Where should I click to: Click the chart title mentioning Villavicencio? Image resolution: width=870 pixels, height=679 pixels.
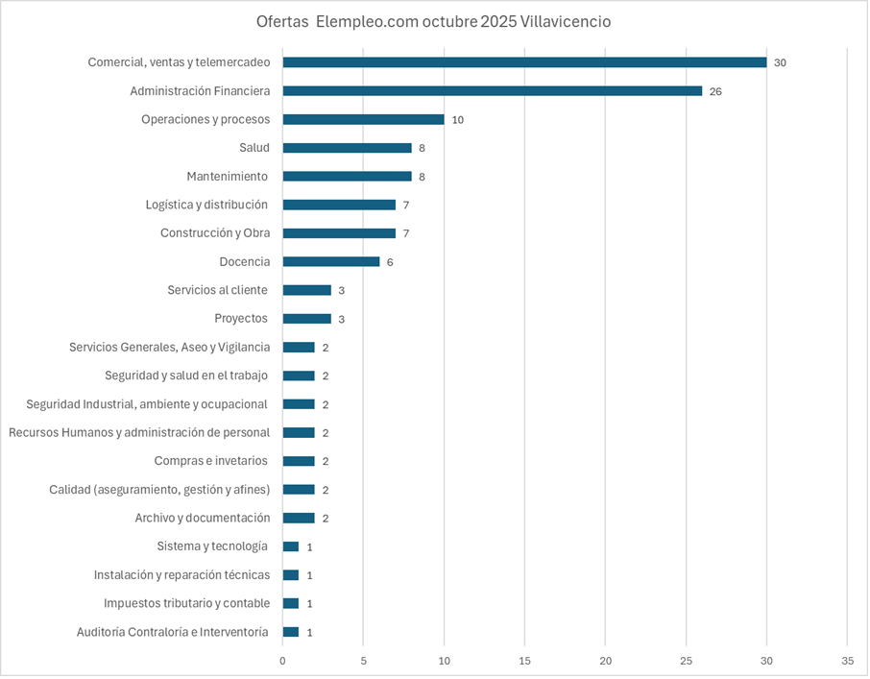pos(433,21)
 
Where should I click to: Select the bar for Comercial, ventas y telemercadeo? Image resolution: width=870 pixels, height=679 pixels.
pos(524,62)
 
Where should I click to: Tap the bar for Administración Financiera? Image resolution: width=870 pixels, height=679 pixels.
pos(492,91)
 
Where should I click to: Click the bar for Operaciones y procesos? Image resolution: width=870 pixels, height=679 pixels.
pos(363,119)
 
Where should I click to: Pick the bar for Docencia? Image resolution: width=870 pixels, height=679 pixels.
pos(331,261)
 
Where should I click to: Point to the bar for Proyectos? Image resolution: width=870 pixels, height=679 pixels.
pos(307,318)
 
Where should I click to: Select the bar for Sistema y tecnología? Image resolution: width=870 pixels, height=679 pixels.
pos(291,546)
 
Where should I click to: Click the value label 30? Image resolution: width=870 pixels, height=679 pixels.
pos(780,62)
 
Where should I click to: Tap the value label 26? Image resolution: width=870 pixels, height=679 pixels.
pos(715,91)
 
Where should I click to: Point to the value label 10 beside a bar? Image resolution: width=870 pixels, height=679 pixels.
pos(458,120)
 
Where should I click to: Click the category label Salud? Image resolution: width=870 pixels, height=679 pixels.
pos(254,148)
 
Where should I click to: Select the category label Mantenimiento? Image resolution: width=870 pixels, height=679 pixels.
pos(228,177)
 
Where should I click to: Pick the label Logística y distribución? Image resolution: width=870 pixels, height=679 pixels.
pos(206,205)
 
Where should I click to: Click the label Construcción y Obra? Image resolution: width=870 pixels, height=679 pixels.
pos(215,233)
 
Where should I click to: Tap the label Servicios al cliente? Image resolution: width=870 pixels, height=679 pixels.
pos(217,290)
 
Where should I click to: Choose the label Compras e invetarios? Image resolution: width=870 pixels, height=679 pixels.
pos(211,461)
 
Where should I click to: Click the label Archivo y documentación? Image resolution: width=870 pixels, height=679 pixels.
pos(203,518)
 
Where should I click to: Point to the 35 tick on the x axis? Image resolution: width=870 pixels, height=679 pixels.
pos(846,661)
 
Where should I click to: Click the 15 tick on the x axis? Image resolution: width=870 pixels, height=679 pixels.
pos(524,661)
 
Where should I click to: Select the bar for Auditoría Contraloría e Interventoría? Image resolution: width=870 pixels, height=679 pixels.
pos(291,632)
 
